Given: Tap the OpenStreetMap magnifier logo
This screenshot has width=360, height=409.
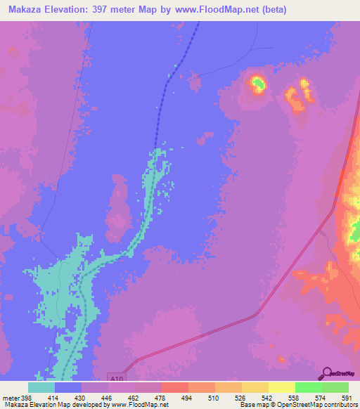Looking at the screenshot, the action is pyautogui.click(x=326, y=374).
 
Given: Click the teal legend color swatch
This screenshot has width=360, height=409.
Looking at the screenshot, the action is pyautogui.click(x=41, y=387).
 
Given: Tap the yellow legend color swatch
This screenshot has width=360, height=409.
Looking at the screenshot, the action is pyautogui.click(x=281, y=387).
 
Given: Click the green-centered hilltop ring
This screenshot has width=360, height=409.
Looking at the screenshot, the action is pyautogui.click(x=257, y=85).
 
